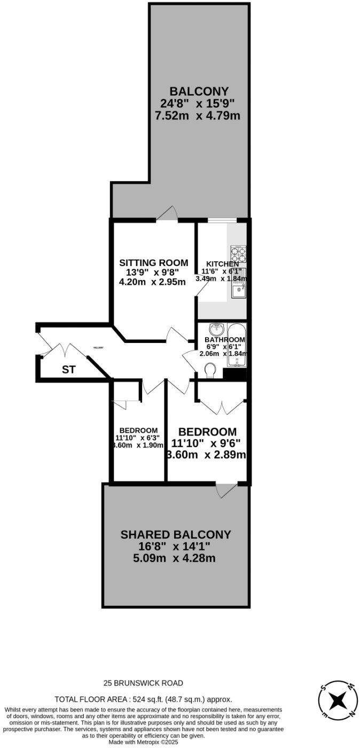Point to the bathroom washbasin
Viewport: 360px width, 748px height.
(x=217, y=329)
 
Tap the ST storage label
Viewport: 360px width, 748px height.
(x=68, y=369)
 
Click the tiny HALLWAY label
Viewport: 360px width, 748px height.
(x=98, y=348)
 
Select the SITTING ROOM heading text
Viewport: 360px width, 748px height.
(x=153, y=262)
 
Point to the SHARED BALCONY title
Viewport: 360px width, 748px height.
(x=176, y=534)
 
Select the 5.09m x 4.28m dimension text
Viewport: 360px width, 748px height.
(x=176, y=558)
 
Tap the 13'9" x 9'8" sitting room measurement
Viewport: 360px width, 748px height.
(x=153, y=272)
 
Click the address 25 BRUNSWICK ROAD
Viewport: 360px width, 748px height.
(x=144, y=683)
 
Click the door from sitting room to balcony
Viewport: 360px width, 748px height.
(x=168, y=213)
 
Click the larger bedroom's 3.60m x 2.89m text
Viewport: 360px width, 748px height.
(x=206, y=455)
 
